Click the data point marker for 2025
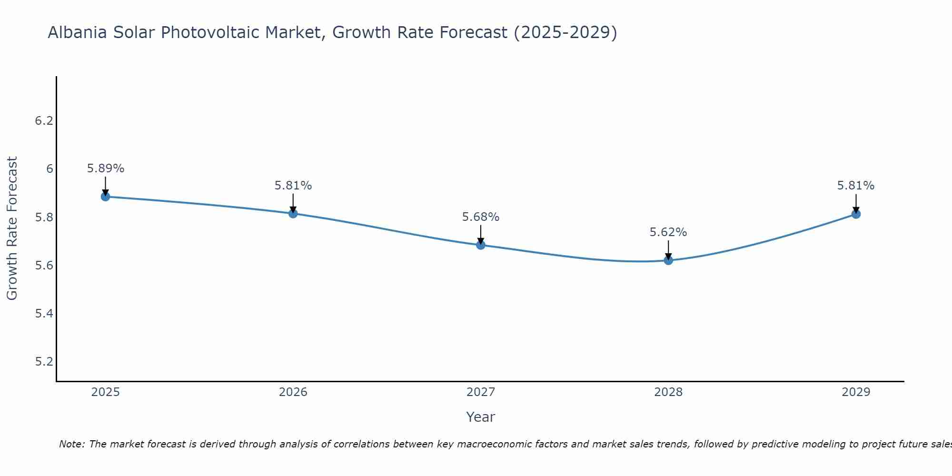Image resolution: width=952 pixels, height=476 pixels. click(105, 197)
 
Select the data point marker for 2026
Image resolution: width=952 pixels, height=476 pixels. click(293, 213)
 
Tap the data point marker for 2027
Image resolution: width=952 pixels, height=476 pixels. click(481, 245)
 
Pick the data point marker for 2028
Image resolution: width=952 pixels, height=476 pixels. click(668, 260)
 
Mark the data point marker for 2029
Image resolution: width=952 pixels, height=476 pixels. click(856, 214)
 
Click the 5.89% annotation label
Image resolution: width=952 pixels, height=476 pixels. click(106, 169)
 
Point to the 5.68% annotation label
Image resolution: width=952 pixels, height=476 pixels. click(481, 217)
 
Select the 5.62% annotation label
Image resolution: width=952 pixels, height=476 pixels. click(668, 232)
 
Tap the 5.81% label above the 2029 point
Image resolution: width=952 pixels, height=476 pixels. click(856, 186)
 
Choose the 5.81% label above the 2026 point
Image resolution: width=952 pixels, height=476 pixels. click(293, 186)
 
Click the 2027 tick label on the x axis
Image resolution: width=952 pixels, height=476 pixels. click(481, 392)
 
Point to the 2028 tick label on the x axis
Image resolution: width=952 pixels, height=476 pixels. click(668, 392)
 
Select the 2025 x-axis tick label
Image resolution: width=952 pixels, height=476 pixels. click(105, 392)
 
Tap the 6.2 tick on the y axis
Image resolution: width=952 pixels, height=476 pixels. click(44, 121)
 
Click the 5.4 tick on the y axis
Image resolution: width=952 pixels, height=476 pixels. click(44, 314)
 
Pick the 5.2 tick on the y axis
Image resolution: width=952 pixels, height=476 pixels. click(44, 362)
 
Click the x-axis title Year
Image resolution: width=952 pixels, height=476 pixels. click(481, 417)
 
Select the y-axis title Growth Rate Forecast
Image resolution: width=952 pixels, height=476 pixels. click(12, 228)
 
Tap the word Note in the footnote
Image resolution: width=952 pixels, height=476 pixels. click(71, 444)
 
